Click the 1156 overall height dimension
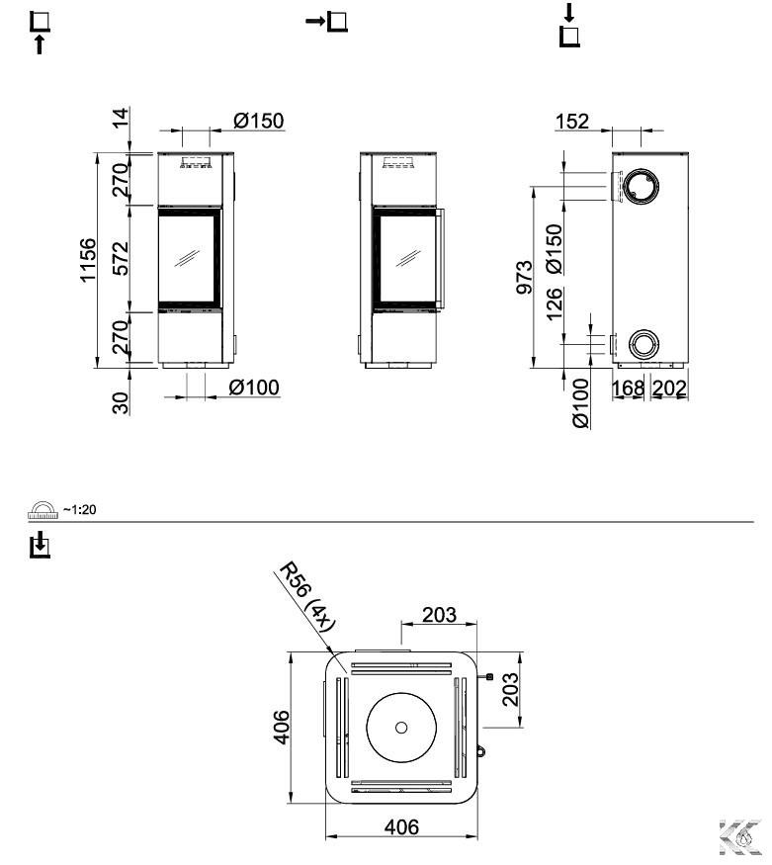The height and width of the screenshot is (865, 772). [88, 260]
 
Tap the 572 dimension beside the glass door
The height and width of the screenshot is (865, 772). [121, 258]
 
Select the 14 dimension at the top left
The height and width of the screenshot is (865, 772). [121, 118]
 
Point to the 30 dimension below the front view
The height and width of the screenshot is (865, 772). [121, 402]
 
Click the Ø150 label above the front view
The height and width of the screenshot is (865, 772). [259, 121]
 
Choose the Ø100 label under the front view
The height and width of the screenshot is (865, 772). [254, 388]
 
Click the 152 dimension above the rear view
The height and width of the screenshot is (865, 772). [571, 122]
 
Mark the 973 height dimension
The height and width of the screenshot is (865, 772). [525, 277]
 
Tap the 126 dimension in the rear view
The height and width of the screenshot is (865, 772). [555, 303]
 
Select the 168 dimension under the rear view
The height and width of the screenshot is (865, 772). [628, 389]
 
